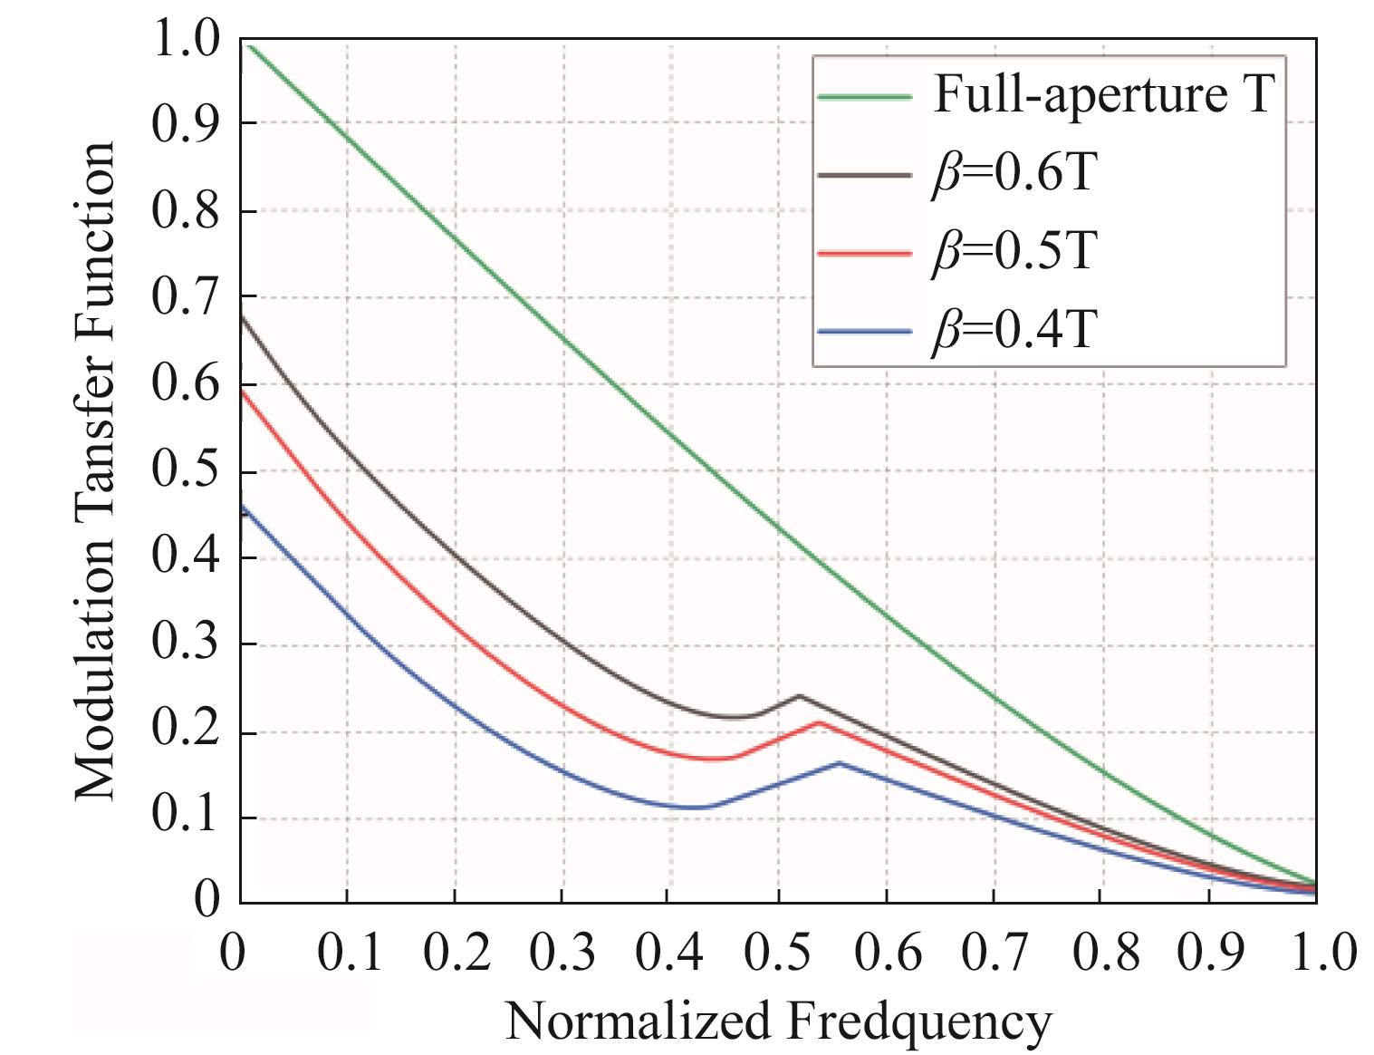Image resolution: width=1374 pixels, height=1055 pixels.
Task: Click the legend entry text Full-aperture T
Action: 1104,94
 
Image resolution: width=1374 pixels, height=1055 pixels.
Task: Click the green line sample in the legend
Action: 863,95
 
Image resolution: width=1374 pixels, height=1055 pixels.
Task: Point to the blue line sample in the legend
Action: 863,332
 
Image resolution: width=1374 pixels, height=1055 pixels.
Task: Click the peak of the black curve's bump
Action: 799,696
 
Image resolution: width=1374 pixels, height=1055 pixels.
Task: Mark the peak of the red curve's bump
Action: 819,722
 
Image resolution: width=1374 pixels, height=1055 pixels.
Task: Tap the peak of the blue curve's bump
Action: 839,763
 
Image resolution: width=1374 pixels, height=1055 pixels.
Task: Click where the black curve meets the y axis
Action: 242,317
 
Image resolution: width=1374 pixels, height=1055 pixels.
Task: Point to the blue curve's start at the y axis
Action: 242,508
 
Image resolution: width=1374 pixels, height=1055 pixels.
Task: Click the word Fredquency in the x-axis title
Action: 919,1022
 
